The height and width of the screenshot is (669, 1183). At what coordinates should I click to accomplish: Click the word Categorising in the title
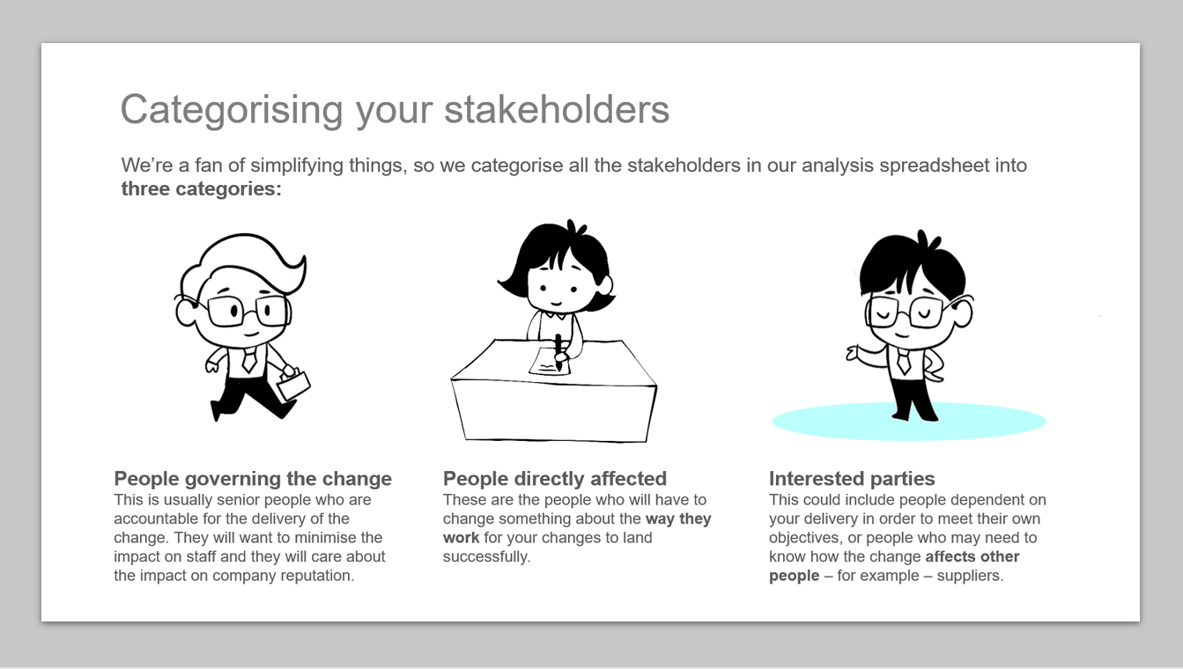232,110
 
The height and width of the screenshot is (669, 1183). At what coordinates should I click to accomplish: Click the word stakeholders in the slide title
557,109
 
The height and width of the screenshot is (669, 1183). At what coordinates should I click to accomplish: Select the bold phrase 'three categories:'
201,189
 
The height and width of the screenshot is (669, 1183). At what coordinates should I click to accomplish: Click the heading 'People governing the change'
253,479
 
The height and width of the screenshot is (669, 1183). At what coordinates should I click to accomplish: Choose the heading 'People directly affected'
555,479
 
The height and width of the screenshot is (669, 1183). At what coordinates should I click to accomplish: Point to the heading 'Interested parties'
852,479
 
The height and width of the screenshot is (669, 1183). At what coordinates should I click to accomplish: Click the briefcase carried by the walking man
293,384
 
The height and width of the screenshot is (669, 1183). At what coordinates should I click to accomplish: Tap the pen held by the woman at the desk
558,351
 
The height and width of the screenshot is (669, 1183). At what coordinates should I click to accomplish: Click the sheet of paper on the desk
550,362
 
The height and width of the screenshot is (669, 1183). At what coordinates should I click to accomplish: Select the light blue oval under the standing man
909,422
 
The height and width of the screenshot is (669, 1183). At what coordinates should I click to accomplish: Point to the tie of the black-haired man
904,362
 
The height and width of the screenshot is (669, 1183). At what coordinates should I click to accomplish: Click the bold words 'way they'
678,519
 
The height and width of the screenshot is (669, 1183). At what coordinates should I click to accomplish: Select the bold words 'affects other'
972,556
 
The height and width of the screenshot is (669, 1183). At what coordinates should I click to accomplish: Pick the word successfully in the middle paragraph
486,557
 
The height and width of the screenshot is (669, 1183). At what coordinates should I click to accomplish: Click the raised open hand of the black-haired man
854,352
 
